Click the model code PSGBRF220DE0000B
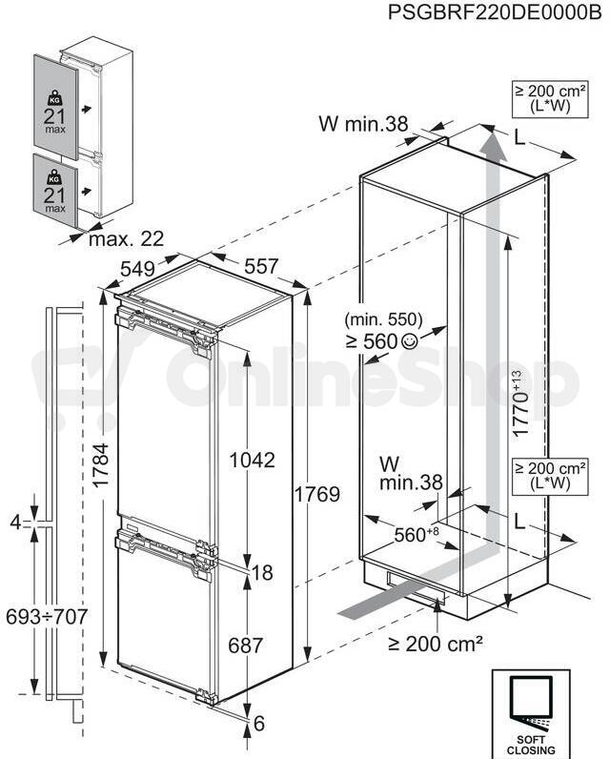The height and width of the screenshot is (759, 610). click(x=495, y=12)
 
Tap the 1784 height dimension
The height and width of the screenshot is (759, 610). click(x=101, y=465)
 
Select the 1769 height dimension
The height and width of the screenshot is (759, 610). click(x=317, y=495)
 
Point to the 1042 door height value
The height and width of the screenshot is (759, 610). click(x=252, y=460)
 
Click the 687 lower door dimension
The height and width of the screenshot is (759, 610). click(x=245, y=646)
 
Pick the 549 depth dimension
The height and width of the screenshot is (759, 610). click(x=137, y=269)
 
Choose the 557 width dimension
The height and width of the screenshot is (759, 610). click(x=261, y=267)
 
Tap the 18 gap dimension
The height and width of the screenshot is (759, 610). click(x=263, y=573)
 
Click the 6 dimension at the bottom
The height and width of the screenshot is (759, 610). click(x=259, y=723)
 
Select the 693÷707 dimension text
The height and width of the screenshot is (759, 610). click(x=47, y=617)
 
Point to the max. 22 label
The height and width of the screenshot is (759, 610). click(x=126, y=239)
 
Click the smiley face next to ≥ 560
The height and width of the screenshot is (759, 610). click(x=409, y=341)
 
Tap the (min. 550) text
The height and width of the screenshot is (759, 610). click(x=383, y=319)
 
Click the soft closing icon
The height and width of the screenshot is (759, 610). click(x=531, y=714)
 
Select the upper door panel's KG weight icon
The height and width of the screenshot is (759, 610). click(x=54, y=98)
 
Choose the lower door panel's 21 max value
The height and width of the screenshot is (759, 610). click(x=54, y=199)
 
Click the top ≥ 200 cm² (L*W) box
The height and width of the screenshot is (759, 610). click(x=551, y=99)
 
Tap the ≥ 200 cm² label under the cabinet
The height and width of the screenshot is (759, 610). click(x=436, y=644)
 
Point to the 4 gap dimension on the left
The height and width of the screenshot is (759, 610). click(x=16, y=523)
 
